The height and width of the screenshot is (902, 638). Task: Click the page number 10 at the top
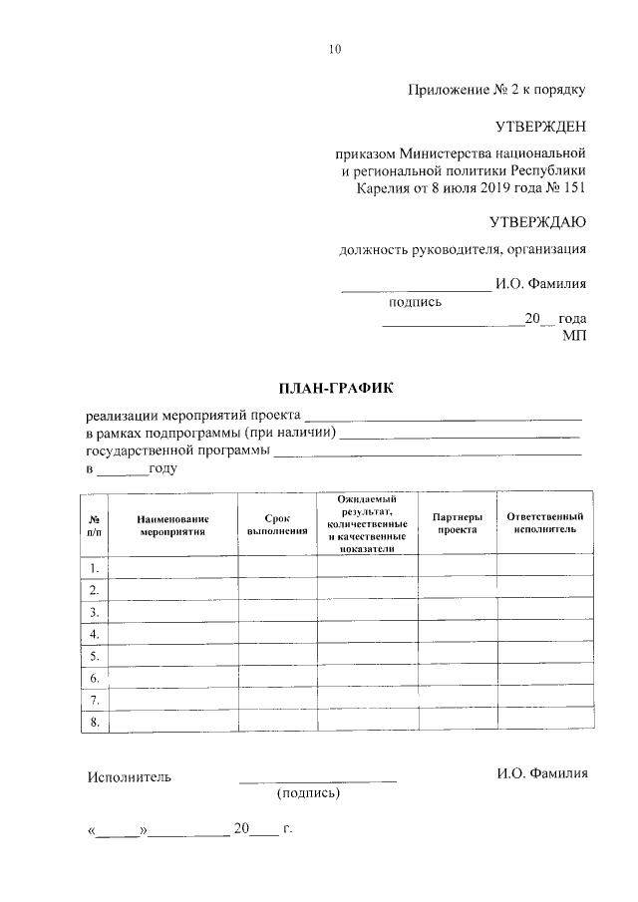pyautogui.click(x=334, y=50)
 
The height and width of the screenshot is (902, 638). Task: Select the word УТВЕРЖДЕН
pyautogui.click(x=541, y=127)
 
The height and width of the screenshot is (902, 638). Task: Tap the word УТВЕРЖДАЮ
pyautogui.click(x=538, y=220)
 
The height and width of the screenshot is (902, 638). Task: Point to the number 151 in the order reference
pyautogui.click(x=573, y=187)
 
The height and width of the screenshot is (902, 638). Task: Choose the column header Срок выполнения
pyautogui.click(x=277, y=524)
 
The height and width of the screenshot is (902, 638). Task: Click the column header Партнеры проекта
pyautogui.click(x=457, y=523)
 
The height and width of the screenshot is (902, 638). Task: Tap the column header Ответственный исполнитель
pyautogui.click(x=544, y=523)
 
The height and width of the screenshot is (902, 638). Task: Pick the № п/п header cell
pyautogui.click(x=94, y=524)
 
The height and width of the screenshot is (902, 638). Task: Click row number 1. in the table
pyautogui.click(x=94, y=568)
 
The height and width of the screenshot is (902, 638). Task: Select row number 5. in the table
pyautogui.click(x=94, y=656)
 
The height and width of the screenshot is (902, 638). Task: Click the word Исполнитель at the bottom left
pyautogui.click(x=130, y=775)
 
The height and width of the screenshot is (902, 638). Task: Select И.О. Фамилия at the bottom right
pyautogui.click(x=542, y=773)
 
